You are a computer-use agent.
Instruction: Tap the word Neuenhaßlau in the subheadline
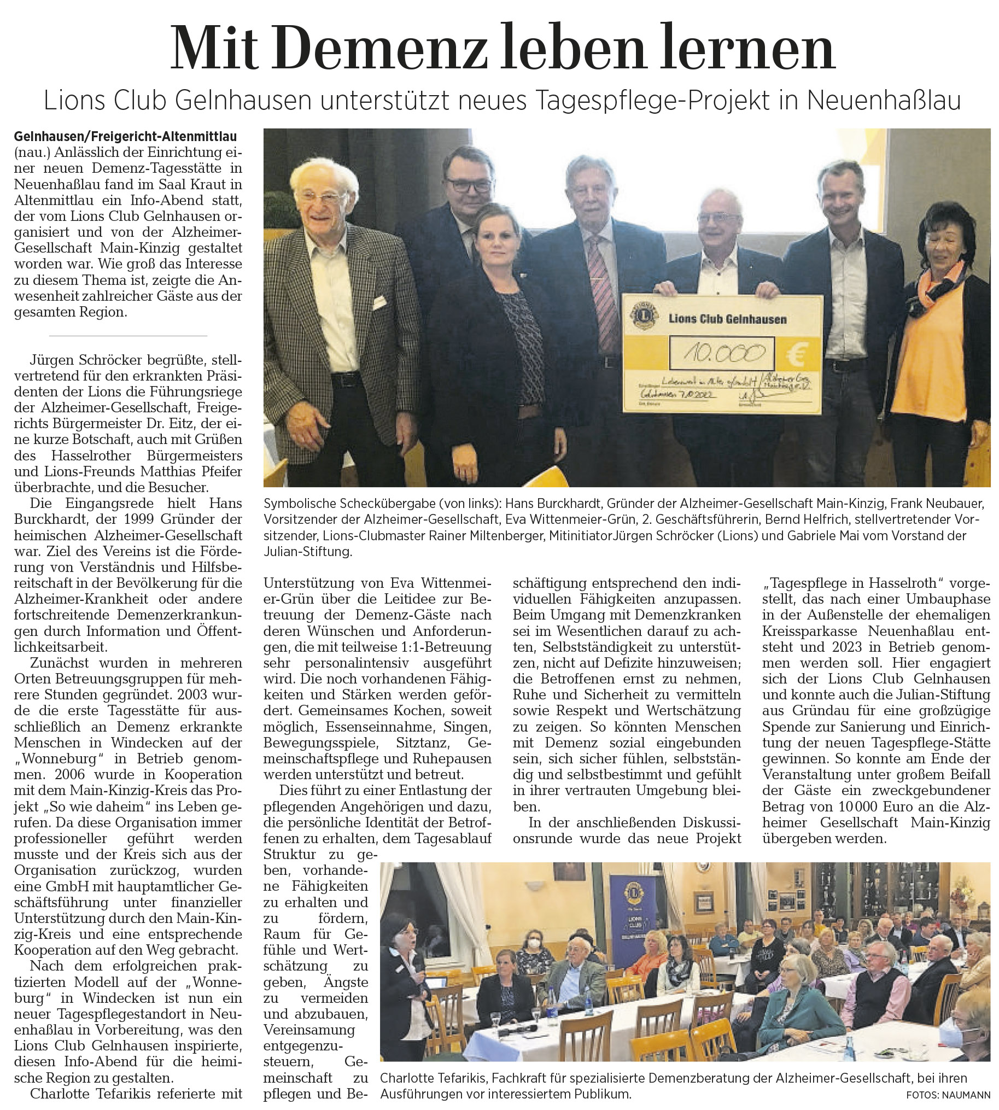pyautogui.click(x=884, y=100)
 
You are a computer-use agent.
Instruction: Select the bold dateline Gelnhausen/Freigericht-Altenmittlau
pyautogui.click(x=125, y=136)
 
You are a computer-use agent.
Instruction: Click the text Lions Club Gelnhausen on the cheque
pyautogui.click(x=727, y=319)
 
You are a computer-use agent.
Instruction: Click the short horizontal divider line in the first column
pyautogui.click(x=128, y=335)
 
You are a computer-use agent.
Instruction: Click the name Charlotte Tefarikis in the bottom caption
pyautogui.click(x=433, y=1078)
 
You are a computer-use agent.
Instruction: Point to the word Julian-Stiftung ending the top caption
pyautogui.click(x=307, y=551)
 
